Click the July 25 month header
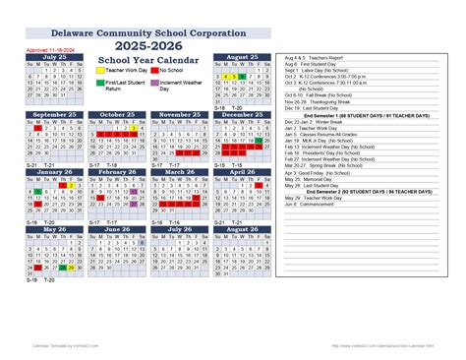[x=55, y=58]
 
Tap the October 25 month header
[x=117, y=114]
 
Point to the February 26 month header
[x=117, y=171]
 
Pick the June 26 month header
[x=117, y=229]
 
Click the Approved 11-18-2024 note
[x=48, y=47]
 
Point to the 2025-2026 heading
[x=147, y=45]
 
